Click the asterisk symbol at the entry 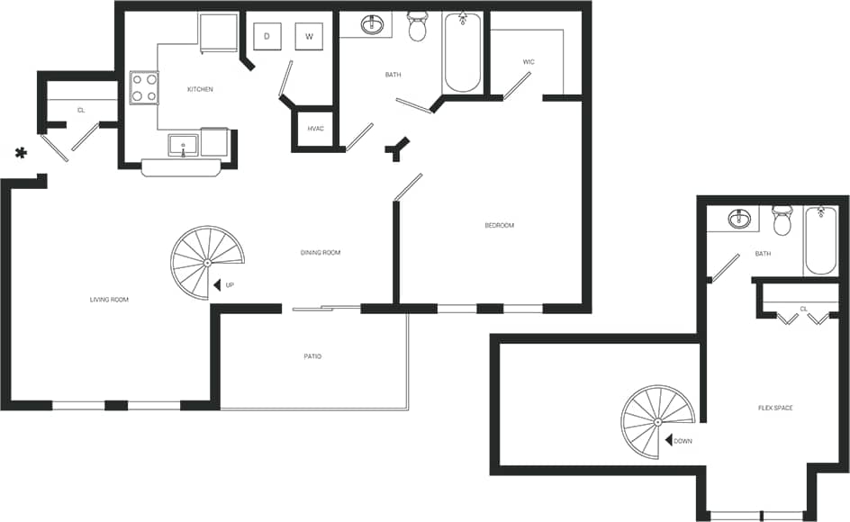click(x=21, y=154)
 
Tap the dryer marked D click(x=267, y=37)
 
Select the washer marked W click(x=309, y=37)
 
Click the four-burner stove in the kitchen click(x=144, y=87)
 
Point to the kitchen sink click(x=184, y=144)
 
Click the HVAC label click(x=315, y=129)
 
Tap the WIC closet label click(x=529, y=62)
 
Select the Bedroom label click(x=499, y=225)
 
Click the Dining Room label click(x=321, y=253)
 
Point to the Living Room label click(x=109, y=300)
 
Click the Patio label click(x=312, y=357)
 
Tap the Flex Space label click(x=775, y=409)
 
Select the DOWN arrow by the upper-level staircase click(x=670, y=441)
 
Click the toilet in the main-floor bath click(x=418, y=27)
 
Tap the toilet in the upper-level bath click(x=781, y=220)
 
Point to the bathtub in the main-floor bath click(x=463, y=54)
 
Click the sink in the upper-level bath click(x=740, y=220)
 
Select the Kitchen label click(x=200, y=89)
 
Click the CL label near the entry click(x=81, y=110)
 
